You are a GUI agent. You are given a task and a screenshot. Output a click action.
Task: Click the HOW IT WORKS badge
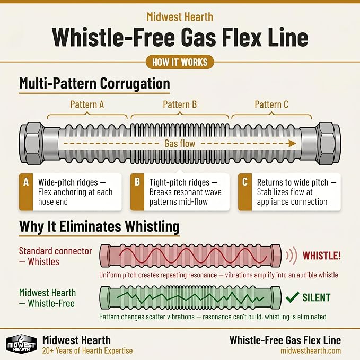180,62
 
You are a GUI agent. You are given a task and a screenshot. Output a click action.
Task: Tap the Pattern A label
87,104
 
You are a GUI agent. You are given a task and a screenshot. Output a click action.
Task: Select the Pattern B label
180,104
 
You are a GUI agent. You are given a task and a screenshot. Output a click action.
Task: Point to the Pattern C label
271,104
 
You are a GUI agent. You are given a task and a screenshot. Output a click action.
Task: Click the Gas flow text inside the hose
180,144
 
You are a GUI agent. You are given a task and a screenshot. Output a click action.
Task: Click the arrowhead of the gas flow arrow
292,144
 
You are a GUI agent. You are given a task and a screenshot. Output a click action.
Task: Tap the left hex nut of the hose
32,144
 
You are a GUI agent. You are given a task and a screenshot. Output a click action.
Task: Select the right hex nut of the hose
328,144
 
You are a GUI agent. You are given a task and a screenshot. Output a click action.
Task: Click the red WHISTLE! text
322,256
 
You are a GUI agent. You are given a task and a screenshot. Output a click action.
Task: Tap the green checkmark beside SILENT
293,297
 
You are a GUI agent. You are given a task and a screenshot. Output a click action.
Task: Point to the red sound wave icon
292,256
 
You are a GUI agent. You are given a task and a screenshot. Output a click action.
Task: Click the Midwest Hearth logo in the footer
21,344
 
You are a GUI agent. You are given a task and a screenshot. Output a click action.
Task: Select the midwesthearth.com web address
311,350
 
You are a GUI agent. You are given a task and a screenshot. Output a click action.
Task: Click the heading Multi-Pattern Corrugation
94,83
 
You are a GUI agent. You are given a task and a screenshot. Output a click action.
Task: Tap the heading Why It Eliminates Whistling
99,226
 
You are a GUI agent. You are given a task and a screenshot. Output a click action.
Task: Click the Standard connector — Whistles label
55,256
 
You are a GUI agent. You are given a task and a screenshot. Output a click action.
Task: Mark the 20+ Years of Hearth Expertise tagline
87,350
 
